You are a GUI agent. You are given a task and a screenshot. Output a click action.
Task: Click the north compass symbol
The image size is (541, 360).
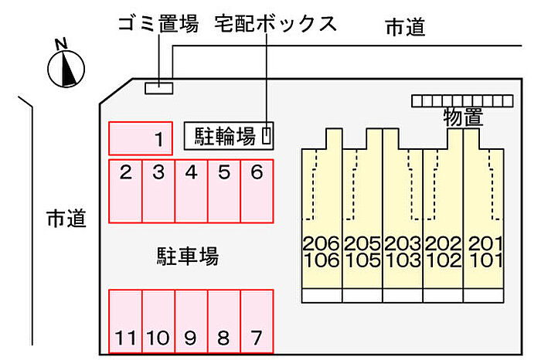tap(66, 67)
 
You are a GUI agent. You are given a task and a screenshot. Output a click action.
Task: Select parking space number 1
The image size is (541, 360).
tap(140, 138)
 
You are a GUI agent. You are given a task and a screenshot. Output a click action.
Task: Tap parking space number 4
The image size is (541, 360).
tap(191, 190)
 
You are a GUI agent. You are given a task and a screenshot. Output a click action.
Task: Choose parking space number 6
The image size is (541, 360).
tap(257, 190)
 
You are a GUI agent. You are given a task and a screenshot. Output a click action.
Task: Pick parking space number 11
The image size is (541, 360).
tap(124, 320)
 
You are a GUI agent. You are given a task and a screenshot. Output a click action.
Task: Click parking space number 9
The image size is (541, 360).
tap(191, 320)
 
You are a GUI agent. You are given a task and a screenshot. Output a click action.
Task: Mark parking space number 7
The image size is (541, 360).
tap(257, 320)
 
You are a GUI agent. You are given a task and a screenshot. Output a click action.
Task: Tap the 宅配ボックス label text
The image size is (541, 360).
tap(276, 24)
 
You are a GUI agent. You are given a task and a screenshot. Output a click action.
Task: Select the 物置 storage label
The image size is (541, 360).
tap(462, 117)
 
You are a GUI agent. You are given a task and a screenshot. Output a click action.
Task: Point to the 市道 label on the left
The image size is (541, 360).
tap(66, 218)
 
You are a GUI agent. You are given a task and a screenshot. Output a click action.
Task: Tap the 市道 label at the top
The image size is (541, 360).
tap(406, 27)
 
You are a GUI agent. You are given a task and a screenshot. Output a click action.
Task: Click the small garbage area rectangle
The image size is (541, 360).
tap(160, 87)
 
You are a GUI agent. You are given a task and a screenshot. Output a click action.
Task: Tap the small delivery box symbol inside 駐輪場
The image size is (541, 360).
tap(267, 136)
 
